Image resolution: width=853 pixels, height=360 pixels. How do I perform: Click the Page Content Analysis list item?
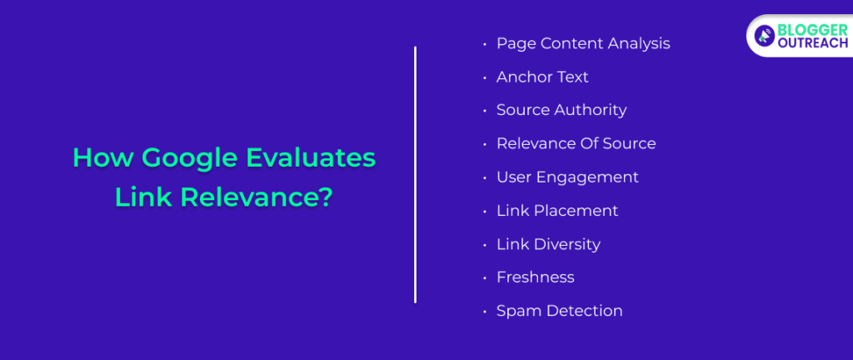(x=583, y=43)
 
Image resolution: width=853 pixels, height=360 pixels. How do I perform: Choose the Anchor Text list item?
(x=542, y=77)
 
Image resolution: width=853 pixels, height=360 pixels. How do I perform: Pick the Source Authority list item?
(x=561, y=110)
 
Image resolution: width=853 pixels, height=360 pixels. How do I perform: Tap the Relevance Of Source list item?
(x=576, y=143)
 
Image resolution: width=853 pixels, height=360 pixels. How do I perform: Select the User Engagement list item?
(x=567, y=177)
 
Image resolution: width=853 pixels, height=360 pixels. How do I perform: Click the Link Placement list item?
(x=557, y=211)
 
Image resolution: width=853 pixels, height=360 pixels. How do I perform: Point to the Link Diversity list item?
(x=548, y=244)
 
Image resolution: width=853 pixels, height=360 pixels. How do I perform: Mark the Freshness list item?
(x=535, y=277)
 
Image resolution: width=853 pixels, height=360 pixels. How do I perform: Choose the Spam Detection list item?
(x=559, y=311)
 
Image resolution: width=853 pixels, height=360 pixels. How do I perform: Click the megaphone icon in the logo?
(x=764, y=36)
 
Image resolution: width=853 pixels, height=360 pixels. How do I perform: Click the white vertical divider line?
(x=415, y=175)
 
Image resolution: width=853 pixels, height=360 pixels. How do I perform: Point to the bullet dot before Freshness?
(x=485, y=278)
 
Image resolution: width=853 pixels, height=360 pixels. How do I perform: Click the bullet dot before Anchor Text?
(x=485, y=77)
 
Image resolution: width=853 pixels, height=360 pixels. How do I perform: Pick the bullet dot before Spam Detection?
(x=485, y=312)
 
